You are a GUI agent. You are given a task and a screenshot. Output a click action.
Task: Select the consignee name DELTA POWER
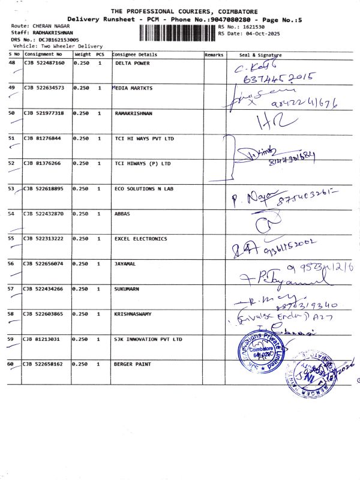132,63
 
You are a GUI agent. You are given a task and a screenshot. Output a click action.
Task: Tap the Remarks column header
214,55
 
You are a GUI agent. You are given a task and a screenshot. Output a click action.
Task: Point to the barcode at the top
177,31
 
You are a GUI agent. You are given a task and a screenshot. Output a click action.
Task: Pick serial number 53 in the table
11,188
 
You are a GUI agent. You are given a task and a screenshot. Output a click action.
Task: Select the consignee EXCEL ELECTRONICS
140,239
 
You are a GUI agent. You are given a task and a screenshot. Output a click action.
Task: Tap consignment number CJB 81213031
42,339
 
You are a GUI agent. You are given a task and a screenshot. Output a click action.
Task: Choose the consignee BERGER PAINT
132,364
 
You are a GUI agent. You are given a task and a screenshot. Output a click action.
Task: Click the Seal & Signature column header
260,55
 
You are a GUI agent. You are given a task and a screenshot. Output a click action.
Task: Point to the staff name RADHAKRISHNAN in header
51,32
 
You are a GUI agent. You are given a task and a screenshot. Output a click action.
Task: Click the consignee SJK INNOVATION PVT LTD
148,339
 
